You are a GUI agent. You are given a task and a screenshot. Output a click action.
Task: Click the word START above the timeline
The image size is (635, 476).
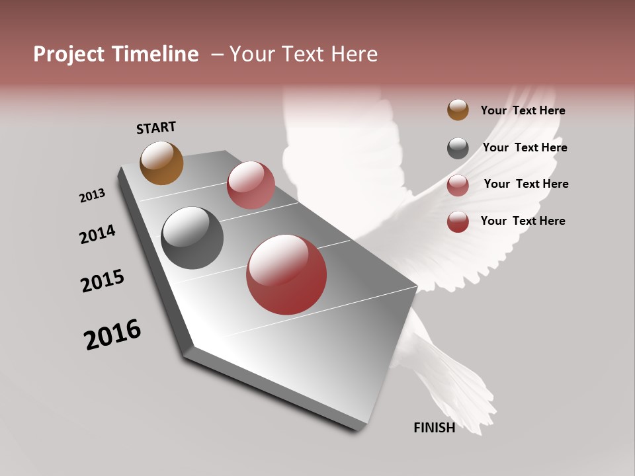(156, 127)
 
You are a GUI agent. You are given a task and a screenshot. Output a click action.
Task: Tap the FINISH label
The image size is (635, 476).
(434, 428)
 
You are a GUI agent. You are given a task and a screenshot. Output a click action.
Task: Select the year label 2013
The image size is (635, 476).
(92, 196)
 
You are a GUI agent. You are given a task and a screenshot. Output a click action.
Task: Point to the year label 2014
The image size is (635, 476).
(97, 234)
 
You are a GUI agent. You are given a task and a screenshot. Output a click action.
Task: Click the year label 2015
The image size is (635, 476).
(103, 281)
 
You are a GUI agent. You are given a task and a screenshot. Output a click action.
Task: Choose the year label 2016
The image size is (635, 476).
(112, 335)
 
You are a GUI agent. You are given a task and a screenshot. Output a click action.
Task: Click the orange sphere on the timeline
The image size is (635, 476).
(161, 163)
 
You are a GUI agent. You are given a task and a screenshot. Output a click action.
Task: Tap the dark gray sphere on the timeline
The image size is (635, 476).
(192, 238)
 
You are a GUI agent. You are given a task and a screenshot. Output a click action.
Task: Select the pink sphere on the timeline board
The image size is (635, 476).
(251, 185)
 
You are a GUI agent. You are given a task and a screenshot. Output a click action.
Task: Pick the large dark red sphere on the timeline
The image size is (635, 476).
(286, 274)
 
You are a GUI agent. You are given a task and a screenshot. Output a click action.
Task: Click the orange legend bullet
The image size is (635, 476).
(458, 110)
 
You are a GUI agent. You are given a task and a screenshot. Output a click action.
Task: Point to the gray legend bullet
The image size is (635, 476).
(458, 148)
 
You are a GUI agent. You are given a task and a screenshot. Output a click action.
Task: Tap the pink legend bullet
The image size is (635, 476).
(458, 185)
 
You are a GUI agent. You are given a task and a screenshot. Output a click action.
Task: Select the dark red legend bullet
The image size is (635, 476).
(458, 221)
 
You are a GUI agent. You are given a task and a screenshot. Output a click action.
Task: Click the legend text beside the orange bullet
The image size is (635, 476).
(523, 110)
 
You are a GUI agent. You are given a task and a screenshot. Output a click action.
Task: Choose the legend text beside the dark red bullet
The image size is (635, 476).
(523, 221)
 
